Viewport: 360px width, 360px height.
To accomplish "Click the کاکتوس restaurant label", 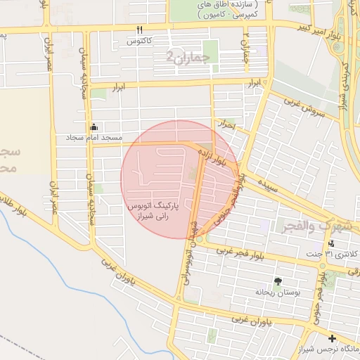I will pos(140,41).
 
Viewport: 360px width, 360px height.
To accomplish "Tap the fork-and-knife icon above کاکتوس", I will pos(139,30).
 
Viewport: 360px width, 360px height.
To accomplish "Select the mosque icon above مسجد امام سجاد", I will pos(94,127).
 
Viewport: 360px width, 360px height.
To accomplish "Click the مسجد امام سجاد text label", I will pos(94,137).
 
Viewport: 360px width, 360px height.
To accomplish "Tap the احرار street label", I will pos(226,124).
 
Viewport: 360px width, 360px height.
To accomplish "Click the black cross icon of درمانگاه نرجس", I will pos(332,338).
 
